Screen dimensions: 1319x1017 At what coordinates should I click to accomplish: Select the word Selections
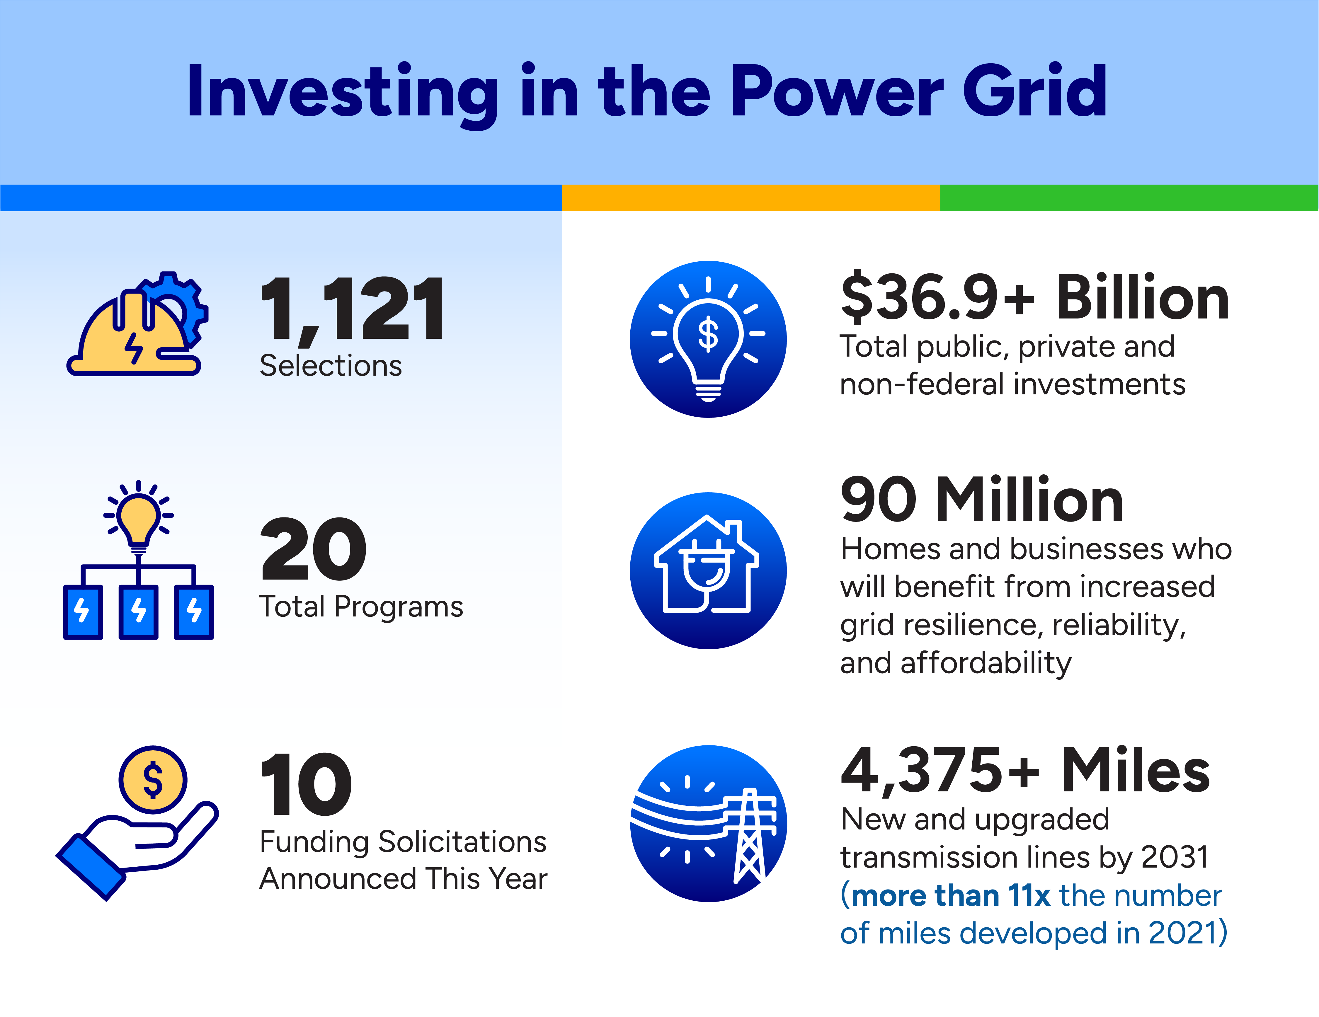pos(331,366)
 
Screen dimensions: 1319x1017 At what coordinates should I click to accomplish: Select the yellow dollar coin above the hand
pos(153,780)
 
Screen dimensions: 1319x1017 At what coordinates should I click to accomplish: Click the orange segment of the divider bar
pos(751,197)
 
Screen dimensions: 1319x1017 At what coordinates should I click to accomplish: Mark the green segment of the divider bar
pos(1129,197)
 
